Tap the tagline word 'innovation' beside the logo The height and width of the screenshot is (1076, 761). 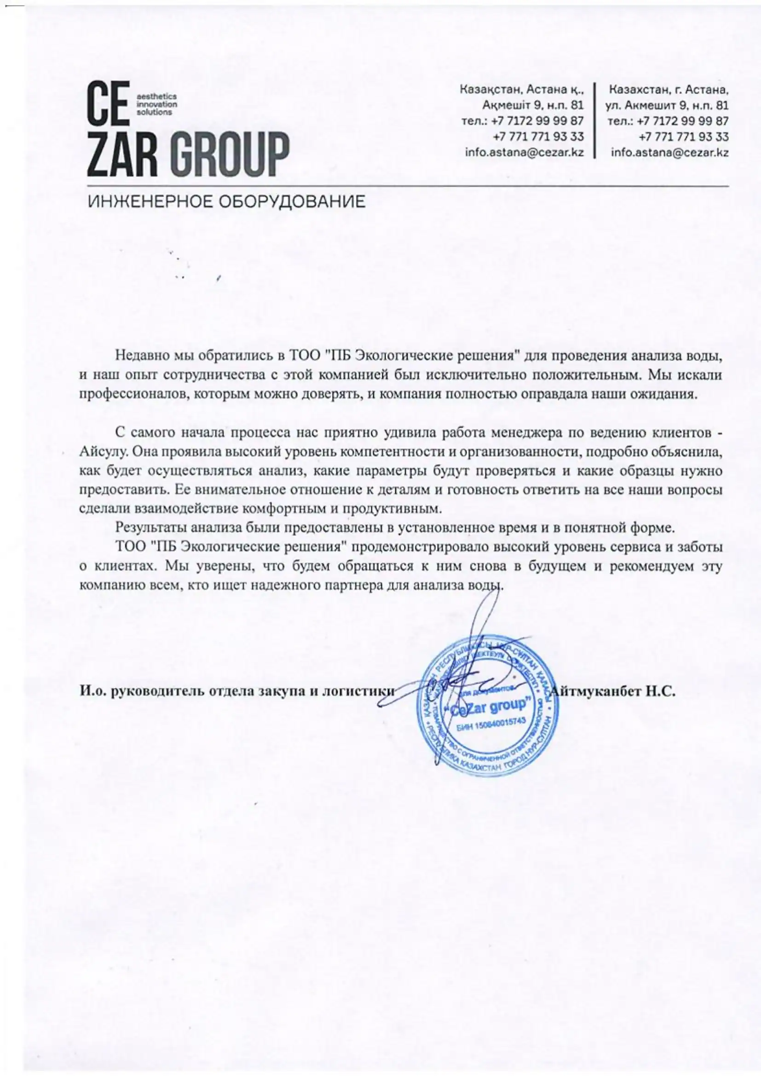click(x=156, y=104)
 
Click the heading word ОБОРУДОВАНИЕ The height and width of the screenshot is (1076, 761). click(x=293, y=201)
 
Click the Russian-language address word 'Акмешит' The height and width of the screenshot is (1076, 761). click(x=649, y=104)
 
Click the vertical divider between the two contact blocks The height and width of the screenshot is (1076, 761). click(x=595, y=121)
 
